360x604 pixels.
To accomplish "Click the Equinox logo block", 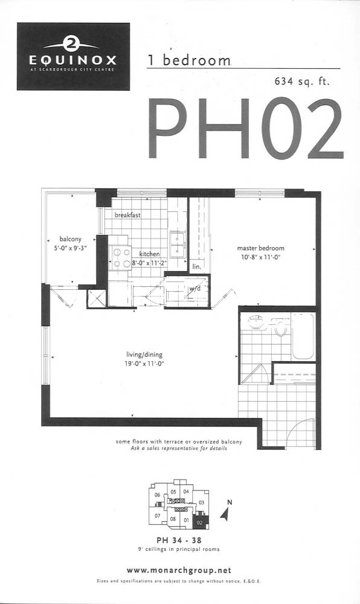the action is pos(73,56).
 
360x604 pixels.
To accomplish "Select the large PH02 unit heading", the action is pos(245,129).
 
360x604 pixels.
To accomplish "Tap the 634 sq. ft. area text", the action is pos(302,82).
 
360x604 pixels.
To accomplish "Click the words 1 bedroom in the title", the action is pos(189,60).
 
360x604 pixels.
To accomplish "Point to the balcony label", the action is pos(71,239).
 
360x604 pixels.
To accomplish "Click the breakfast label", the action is pos(127,215).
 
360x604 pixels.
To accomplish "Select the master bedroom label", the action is pos(261,248).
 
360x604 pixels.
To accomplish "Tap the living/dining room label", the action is pos(144,355).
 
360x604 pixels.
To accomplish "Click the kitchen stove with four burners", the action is pos(121,258).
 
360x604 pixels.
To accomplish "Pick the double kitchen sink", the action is pos(178,245).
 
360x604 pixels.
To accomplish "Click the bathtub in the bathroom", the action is pos(303,336).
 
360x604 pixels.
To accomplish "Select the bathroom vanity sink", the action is pos(256,323).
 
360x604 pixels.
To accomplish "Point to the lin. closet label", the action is pos(197,266).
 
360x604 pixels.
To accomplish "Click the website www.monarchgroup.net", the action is pos(179,570).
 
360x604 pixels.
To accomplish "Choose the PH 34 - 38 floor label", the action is pos(179,540).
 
